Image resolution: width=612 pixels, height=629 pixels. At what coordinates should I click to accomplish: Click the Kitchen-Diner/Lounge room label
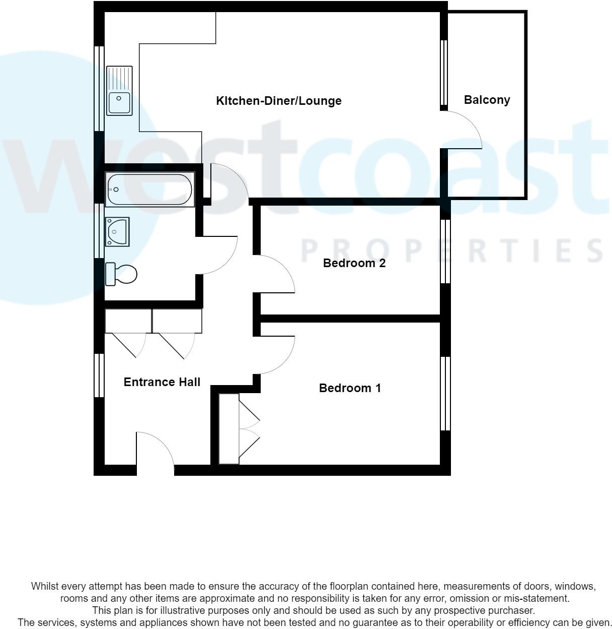pyautogui.click(x=278, y=101)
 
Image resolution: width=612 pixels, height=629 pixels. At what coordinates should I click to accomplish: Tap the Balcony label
pyautogui.click(x=487, y=100)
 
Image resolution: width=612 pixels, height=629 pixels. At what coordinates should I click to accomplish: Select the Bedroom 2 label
pyautogui.click(x=354, y=263)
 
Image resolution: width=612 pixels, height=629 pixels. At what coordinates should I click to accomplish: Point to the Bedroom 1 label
pyautogui.click(x=350, y=388)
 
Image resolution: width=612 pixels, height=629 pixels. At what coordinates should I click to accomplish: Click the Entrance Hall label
pyautogui.click(x=162, y=382)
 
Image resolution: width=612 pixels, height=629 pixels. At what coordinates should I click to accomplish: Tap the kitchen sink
pyautogui.click(x=119, y=91)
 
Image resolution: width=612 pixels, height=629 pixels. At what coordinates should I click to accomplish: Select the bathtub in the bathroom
pyautogui.click(x=149, y=190)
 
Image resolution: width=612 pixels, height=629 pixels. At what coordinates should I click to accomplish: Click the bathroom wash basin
pyautogui.click(x=117, y=231)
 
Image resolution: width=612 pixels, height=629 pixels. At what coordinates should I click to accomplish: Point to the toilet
pyautogui.click(x=121, y=274)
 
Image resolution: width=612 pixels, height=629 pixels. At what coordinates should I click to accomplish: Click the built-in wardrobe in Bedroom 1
pyautogui.click(x=229, y=429)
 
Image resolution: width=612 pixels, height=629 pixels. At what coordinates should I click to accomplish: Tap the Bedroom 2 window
pyautogui.click(x=445, y=251)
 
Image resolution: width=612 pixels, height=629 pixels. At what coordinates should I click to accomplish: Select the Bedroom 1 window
pyautogui.click(x=445, y=394)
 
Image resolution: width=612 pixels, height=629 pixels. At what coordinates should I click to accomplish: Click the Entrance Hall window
pyautogui.click(x=99, y=375)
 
